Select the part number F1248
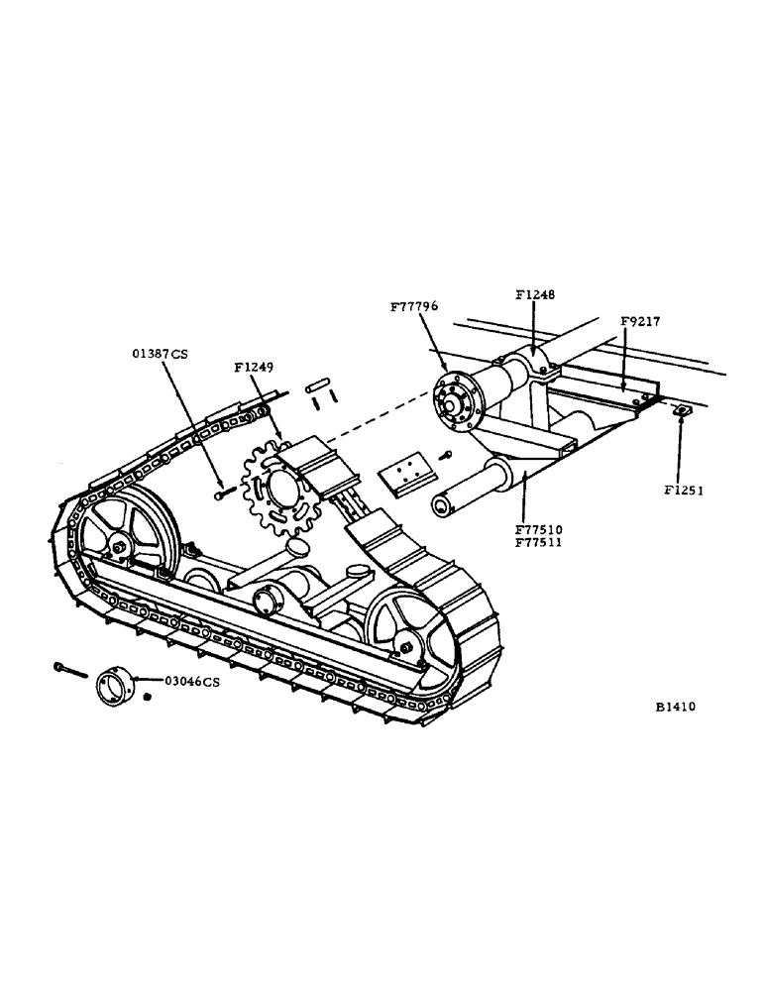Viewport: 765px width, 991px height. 536,294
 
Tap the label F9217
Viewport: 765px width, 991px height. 640,322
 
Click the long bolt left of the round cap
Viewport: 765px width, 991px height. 71,671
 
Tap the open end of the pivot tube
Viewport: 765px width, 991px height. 442,507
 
